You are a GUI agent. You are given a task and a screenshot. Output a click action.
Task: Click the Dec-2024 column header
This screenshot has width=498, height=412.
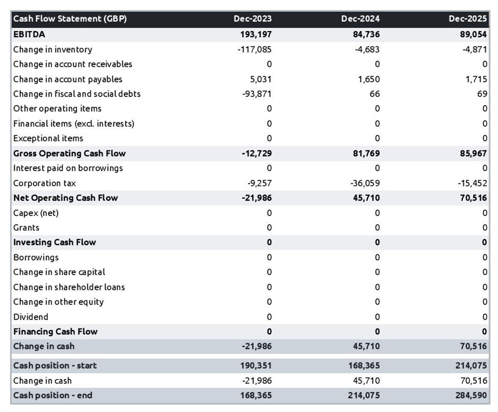pyautogui.click(x=360, y=19)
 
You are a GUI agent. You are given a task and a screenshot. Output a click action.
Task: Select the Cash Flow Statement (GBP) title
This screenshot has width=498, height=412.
pyautogui.click(x=70, y=19)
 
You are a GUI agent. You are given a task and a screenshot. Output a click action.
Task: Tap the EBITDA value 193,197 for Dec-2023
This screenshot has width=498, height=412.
pyautogui.click(x=256, y=34)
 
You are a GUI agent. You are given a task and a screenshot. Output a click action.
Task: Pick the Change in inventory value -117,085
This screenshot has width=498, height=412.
pyautogui.click(x=254, y=49)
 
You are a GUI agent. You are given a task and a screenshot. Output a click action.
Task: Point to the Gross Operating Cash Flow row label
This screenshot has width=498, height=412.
pyautogui.click(x=69, y=153)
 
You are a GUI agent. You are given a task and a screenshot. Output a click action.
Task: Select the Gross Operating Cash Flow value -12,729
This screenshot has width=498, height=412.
pyautogui.click(x=256, y=153)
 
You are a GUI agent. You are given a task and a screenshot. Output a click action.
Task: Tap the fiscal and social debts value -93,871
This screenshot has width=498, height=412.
pyautogui.click(x=256, y=94)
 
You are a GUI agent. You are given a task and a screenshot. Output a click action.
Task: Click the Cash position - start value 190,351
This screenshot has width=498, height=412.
pyautogui.click(x=256, y=366)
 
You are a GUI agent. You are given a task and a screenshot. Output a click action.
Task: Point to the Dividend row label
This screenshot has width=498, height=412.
pyautogui.click(x=31, y=317)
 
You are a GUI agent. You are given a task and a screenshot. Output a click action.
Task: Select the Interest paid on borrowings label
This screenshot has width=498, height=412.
pyautogui.click(x=68, y=168)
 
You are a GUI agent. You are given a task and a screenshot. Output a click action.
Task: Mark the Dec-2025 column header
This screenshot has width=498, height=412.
pyautogui.click(x=468, y=19)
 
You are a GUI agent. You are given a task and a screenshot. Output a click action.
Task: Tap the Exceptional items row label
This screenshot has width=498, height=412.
pyautogui.click(x=48, y=138)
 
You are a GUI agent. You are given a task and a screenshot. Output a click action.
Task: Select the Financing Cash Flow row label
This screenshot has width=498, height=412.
pyautogui.click(x=56, y=331)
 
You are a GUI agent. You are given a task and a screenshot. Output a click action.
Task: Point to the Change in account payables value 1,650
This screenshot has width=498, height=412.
pyautogui.click(x=369, y=79)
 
